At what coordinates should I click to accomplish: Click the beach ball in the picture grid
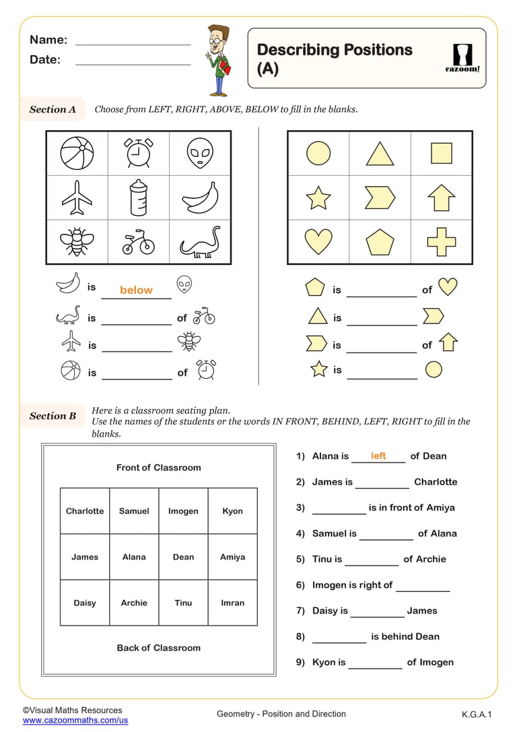pyautogui.click(x=77, y=153)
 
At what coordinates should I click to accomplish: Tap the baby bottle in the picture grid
pyautogui.click(x=138, y=197)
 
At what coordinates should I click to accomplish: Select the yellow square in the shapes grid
pyautogui.click(x=442, y=153)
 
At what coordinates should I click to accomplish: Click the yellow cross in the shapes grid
pyautogui.click(x=442, y=241)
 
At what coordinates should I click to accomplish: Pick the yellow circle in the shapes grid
pyautogui.click(x=318, y=153)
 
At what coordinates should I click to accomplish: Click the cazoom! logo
pyautogui.click(x=463, y=58)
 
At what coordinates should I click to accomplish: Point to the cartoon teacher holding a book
pyautogui.click(x=219, y=61)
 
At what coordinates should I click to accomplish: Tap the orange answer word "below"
pyautogui.click(x=136, y=290)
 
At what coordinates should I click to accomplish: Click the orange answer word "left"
pyautogui.click(x=378, y=456)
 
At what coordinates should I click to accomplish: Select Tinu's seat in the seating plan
pyautogui.click(x=183, y=603)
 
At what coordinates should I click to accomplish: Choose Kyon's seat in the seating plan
pyautogui.click(x=232, y=511)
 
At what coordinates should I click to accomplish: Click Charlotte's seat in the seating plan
pyautogui.click(x=85, y=511)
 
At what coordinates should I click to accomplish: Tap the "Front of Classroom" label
pyautogui.click(x=158, y=467)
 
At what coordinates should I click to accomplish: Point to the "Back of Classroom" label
pyautogui.click(x=158, y=648)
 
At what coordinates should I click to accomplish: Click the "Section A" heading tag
pyautogui.click(x=53, y=109)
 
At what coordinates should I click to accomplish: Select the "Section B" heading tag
pyautogui.click(x=53, y=416)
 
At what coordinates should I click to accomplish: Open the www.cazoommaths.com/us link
pyautogui.click(x=75, y=721)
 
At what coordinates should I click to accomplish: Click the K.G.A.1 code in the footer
pyautogui.click(x=477, y=714)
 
